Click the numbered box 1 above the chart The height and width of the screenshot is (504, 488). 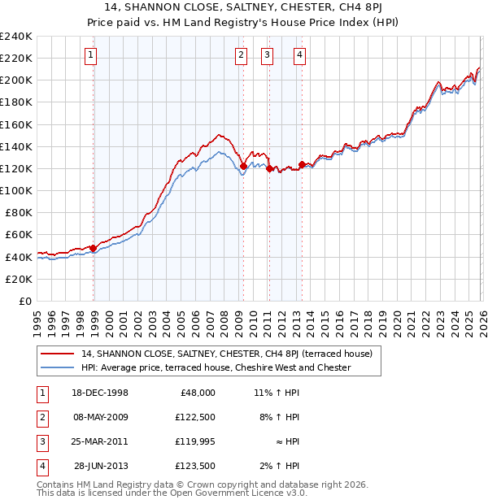click(x=89, y=55)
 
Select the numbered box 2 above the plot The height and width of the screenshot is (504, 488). click(x=241, y=55)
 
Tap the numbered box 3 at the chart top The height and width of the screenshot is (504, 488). click(x=267, y=55)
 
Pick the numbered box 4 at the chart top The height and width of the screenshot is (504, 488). click(x=299, y=55)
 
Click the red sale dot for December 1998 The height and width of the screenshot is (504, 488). click(x=94, y=248)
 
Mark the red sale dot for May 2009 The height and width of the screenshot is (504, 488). click(x=243, y=166)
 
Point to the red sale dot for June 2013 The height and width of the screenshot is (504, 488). click(x=303, y=165)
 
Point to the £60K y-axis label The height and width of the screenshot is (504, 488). click(x=19, y=235)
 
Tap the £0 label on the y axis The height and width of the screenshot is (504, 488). click(x=25, y=301)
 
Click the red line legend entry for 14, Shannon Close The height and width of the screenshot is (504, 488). click(x=227, y=354)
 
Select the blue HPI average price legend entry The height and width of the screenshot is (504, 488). click(x=216, y=367)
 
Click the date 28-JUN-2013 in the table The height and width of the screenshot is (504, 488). click(x=101, y=467)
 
